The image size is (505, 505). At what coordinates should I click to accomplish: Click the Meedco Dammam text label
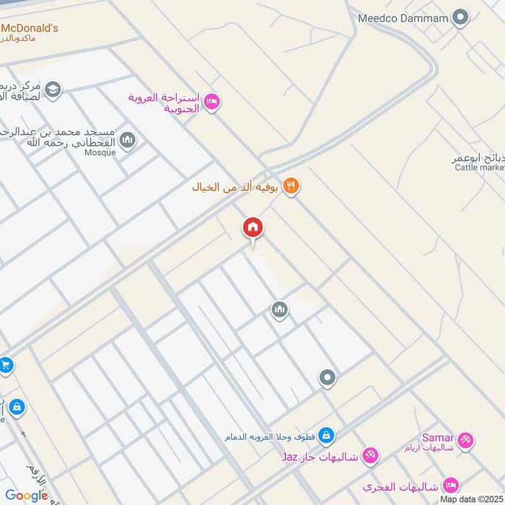pyautogui.click(x=403, y=18)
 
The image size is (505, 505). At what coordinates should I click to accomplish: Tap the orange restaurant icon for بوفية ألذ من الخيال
pyautogui.click(x=290, y=186)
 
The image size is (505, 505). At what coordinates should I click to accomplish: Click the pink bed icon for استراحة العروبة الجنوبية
pyautogui.click(x=212, y=101)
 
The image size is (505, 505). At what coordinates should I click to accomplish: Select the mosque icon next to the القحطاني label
pyautogui.click(x=128, y=140)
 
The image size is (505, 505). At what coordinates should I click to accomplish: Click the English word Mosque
pyautogui.click(x=102, y=153)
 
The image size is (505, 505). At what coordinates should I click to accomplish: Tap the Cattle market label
pyautogui.click(x=479, y=167)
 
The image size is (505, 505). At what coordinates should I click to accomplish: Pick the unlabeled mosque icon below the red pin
pyautogui.click(x=280, y=309)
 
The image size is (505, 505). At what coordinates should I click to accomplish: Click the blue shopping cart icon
pyautogui.click(x=6, y=365)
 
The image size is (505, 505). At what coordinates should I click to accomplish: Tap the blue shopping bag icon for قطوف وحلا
pyautogui.click(x=326, y=436)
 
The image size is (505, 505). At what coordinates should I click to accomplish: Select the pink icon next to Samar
pyautogui.click(x=466, y=439)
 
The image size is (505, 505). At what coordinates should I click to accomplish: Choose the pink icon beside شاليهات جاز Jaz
pyautogui.click(x=371, y=455)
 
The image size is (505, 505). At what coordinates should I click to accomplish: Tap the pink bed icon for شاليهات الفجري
pyautogui.click(x=451, y=485)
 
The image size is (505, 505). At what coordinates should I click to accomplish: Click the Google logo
pyautogui.click(x=27, y=496)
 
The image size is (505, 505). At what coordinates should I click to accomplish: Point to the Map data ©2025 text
pyautogui.click(x=472, y=499)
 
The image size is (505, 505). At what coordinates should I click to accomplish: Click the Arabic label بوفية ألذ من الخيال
pyautogui.click(x=236, y=187)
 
